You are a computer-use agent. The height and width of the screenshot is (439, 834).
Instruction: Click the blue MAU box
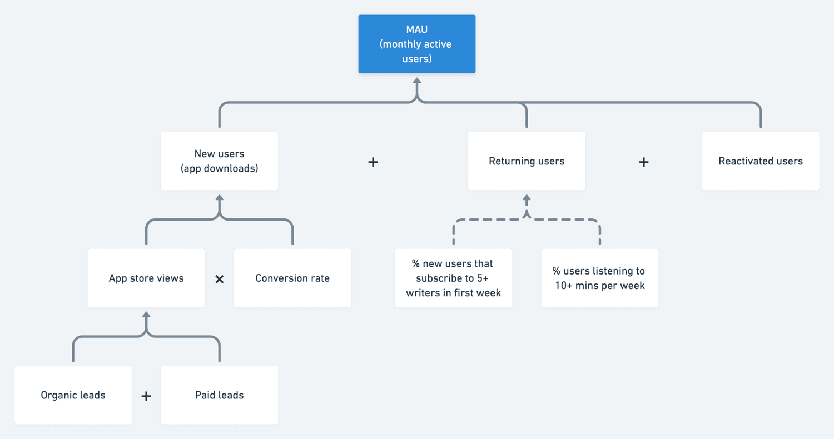(416, 44)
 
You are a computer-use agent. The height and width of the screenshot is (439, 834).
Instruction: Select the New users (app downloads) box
(219, 161)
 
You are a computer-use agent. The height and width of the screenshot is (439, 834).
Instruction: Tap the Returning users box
(526, 161)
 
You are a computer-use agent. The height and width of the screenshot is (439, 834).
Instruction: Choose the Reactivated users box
(760, 161)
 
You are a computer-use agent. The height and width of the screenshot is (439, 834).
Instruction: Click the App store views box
(146, 278)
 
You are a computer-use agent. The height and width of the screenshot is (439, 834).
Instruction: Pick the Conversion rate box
(292, 278)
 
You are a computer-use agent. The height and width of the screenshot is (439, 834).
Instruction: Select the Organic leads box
(73, 395)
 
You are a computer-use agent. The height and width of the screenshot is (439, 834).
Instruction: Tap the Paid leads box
(219, 395)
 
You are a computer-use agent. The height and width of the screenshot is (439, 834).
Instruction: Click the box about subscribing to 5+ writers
(453, 278)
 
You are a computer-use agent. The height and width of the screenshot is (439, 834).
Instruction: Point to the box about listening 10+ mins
(599, 278)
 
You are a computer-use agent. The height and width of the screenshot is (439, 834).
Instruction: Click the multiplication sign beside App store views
(220, 279)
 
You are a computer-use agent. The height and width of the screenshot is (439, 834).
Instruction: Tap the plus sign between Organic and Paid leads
(146, 396)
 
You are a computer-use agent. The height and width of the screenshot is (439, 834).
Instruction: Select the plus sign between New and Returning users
(373, 162)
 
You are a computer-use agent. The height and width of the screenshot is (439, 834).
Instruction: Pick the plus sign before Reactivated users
(643, 162)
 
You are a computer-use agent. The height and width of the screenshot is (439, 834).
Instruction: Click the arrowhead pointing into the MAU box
(416, 81)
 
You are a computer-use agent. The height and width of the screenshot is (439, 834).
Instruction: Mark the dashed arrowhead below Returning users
(527, 198)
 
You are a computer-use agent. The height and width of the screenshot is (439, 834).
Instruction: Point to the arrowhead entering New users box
(220, 198)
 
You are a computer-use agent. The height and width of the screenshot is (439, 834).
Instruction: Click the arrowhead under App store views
(146, 315)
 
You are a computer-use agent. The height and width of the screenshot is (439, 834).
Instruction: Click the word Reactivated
(743, 161)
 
